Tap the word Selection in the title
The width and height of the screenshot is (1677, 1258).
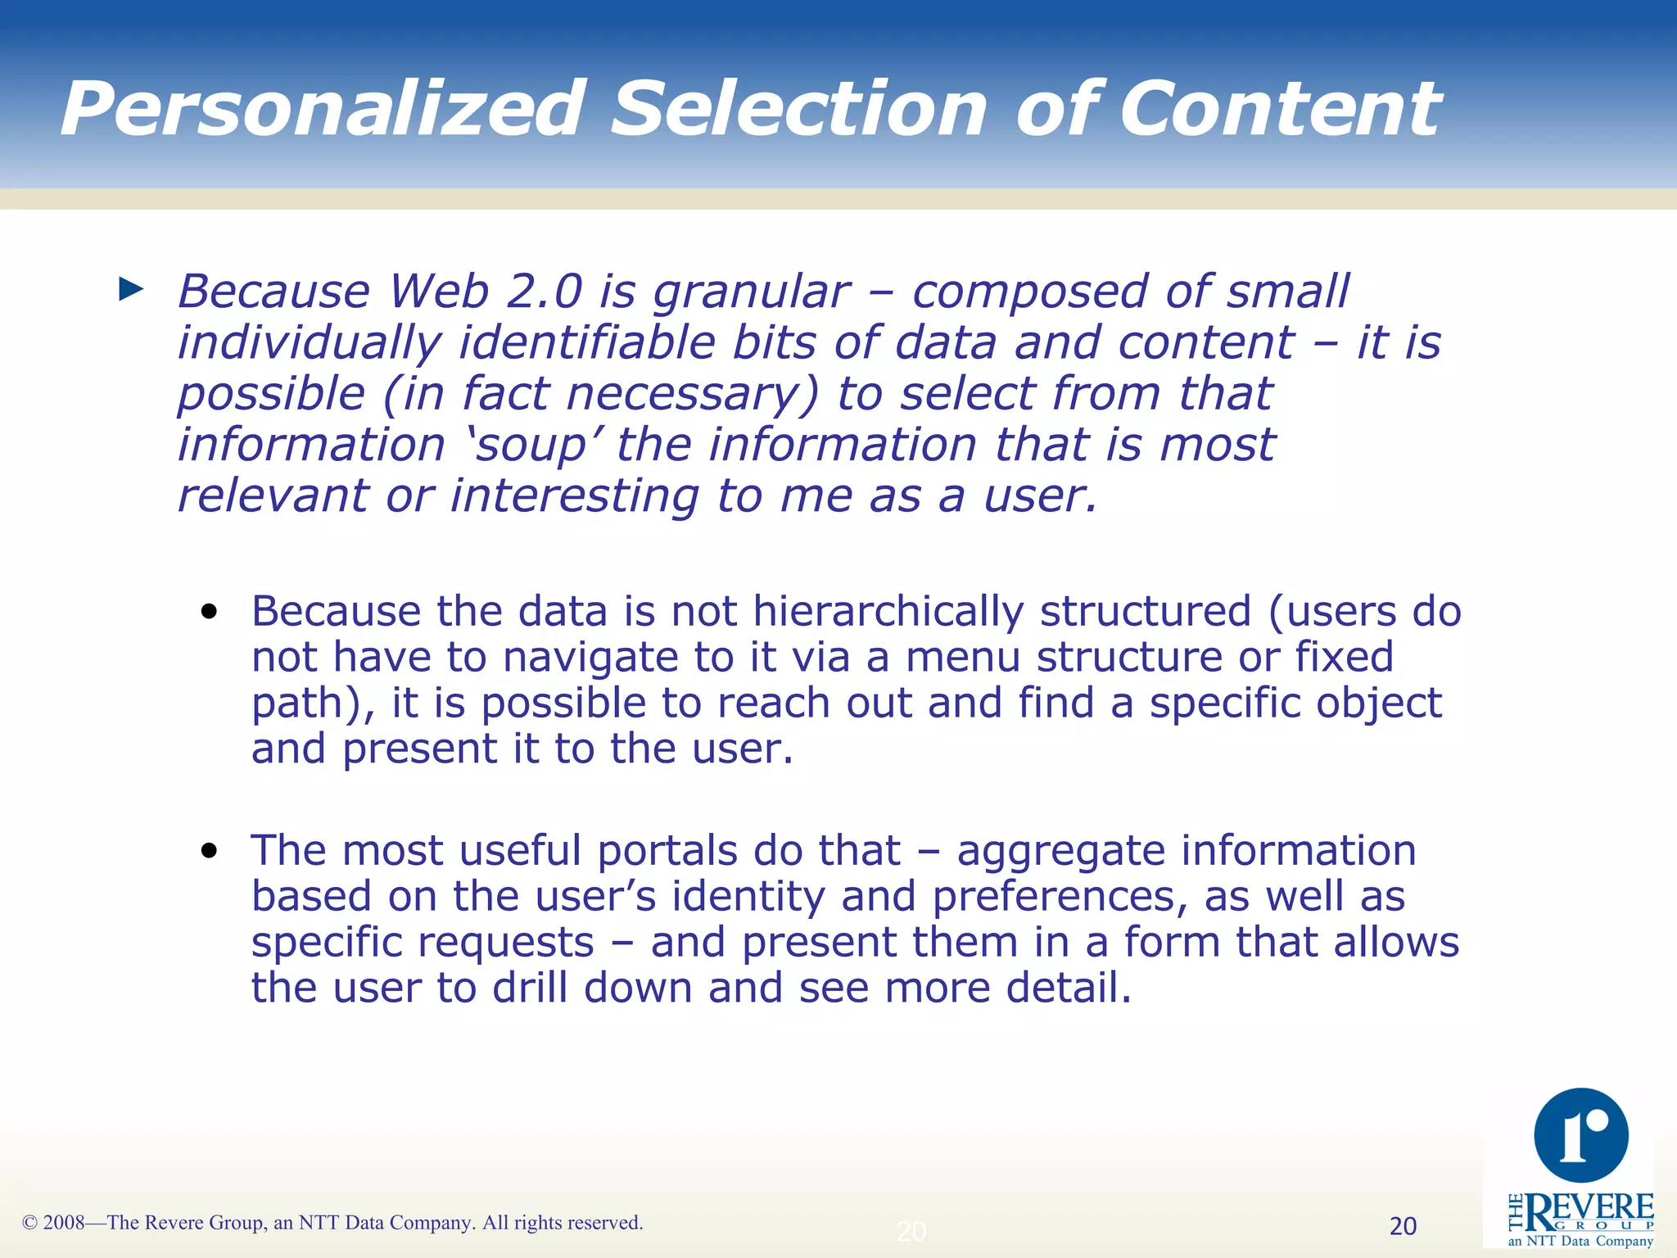tap(799, 109)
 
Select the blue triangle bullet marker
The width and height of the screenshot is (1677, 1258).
tap(131, 288)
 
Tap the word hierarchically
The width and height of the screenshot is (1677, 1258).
tap(888, 612)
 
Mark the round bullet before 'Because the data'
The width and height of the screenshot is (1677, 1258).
tap(210, 612)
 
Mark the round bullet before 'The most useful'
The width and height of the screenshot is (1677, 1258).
tap(210, 851)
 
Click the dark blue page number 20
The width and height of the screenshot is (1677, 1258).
tap(1403, 1226)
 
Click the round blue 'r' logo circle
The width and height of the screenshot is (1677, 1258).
tap(1580, 1135)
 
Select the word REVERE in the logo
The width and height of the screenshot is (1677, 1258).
tap(1589, 1208)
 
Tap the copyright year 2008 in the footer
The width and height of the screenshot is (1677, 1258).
tap(64, 1223)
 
